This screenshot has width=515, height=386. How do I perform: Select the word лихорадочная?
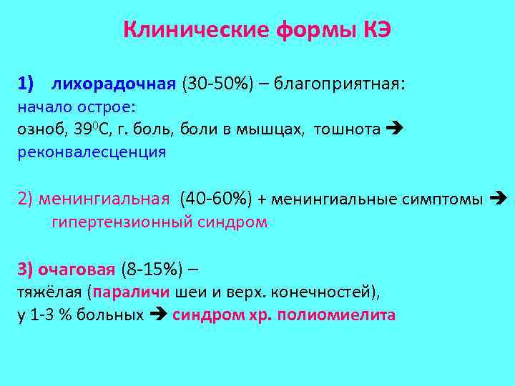click(x=113, y=84)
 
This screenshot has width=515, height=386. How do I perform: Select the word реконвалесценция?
click(x=92, y=152)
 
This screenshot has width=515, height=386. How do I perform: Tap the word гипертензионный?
click(x=118, y=222)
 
